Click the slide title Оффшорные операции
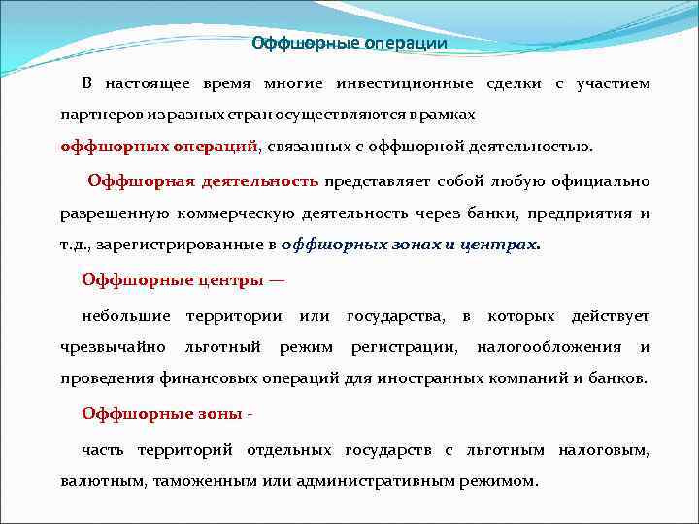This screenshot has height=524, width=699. point(349,43)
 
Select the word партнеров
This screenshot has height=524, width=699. point(95,115)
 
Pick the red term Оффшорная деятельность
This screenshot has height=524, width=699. point(203,181)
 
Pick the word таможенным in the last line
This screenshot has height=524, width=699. point(220,479)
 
